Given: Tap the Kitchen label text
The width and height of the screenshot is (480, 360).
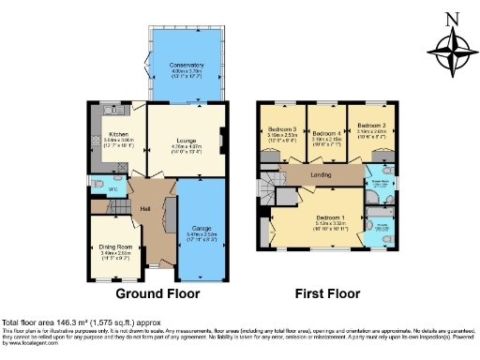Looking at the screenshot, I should click(x=118, y=134).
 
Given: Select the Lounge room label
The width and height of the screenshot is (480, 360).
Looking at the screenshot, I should click(x=185, y=134).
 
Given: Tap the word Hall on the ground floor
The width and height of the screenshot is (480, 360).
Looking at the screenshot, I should click(x=146, y=209).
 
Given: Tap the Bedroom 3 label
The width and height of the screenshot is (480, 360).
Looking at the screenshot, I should click(x=281, y=129).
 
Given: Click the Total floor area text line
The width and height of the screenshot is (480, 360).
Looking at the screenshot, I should click(x=80, y=322).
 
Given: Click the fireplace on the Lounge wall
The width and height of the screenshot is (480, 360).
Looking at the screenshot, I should click(x=221, y=142).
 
